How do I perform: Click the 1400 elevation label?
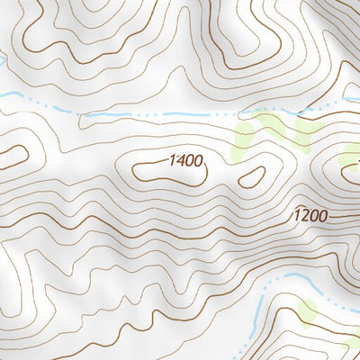tap(185, 162)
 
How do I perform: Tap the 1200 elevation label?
tap(310, 217)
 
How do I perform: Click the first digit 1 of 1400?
tap(170, 162)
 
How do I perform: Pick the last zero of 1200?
tap(323, 217)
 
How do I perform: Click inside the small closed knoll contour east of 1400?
tap(252, 176)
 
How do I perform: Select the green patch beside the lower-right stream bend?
tap(309, 312)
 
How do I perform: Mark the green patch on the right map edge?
tap(352, 155)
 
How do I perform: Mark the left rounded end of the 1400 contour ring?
tap(135, 168)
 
